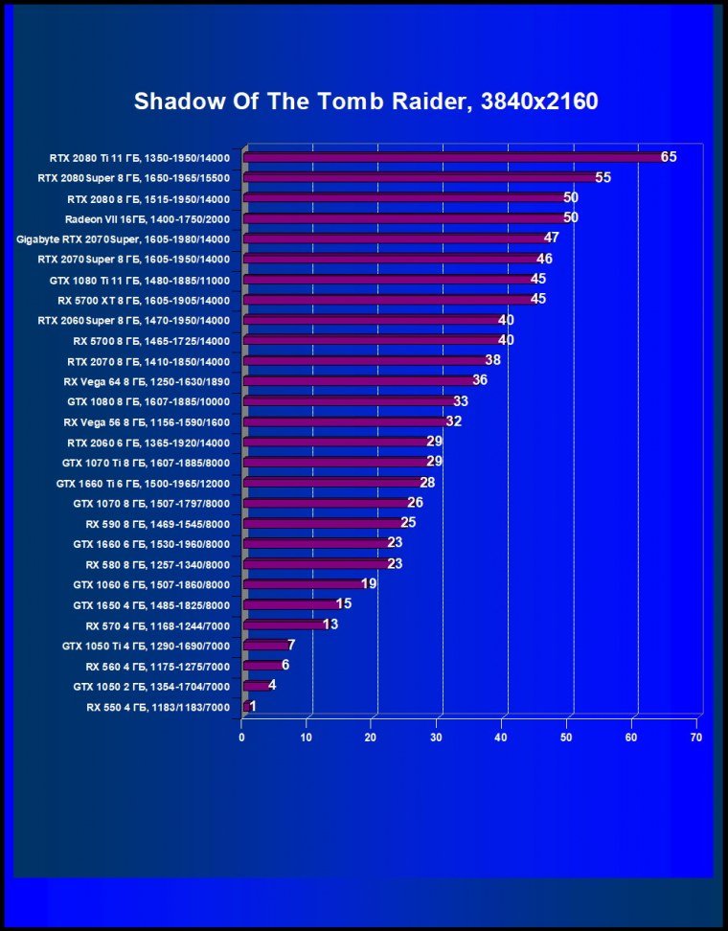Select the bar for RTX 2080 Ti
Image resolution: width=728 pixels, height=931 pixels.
454,157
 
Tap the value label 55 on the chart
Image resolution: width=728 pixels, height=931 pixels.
603,177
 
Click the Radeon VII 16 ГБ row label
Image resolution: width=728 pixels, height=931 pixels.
148,218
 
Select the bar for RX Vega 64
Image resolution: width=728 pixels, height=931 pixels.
359,380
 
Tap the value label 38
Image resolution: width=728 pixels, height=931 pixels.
492,360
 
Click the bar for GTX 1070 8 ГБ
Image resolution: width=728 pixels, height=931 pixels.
327,503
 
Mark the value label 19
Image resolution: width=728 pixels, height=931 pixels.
369,583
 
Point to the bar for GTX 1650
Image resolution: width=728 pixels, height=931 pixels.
291,604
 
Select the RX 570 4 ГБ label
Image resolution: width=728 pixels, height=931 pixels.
157,624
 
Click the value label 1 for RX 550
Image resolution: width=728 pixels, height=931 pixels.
252,706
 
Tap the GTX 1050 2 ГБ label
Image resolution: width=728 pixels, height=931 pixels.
151,686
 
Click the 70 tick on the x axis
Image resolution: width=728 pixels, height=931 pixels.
696,738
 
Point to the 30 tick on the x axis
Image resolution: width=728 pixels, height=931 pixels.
437,738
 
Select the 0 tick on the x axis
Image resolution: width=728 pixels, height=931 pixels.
242,738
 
